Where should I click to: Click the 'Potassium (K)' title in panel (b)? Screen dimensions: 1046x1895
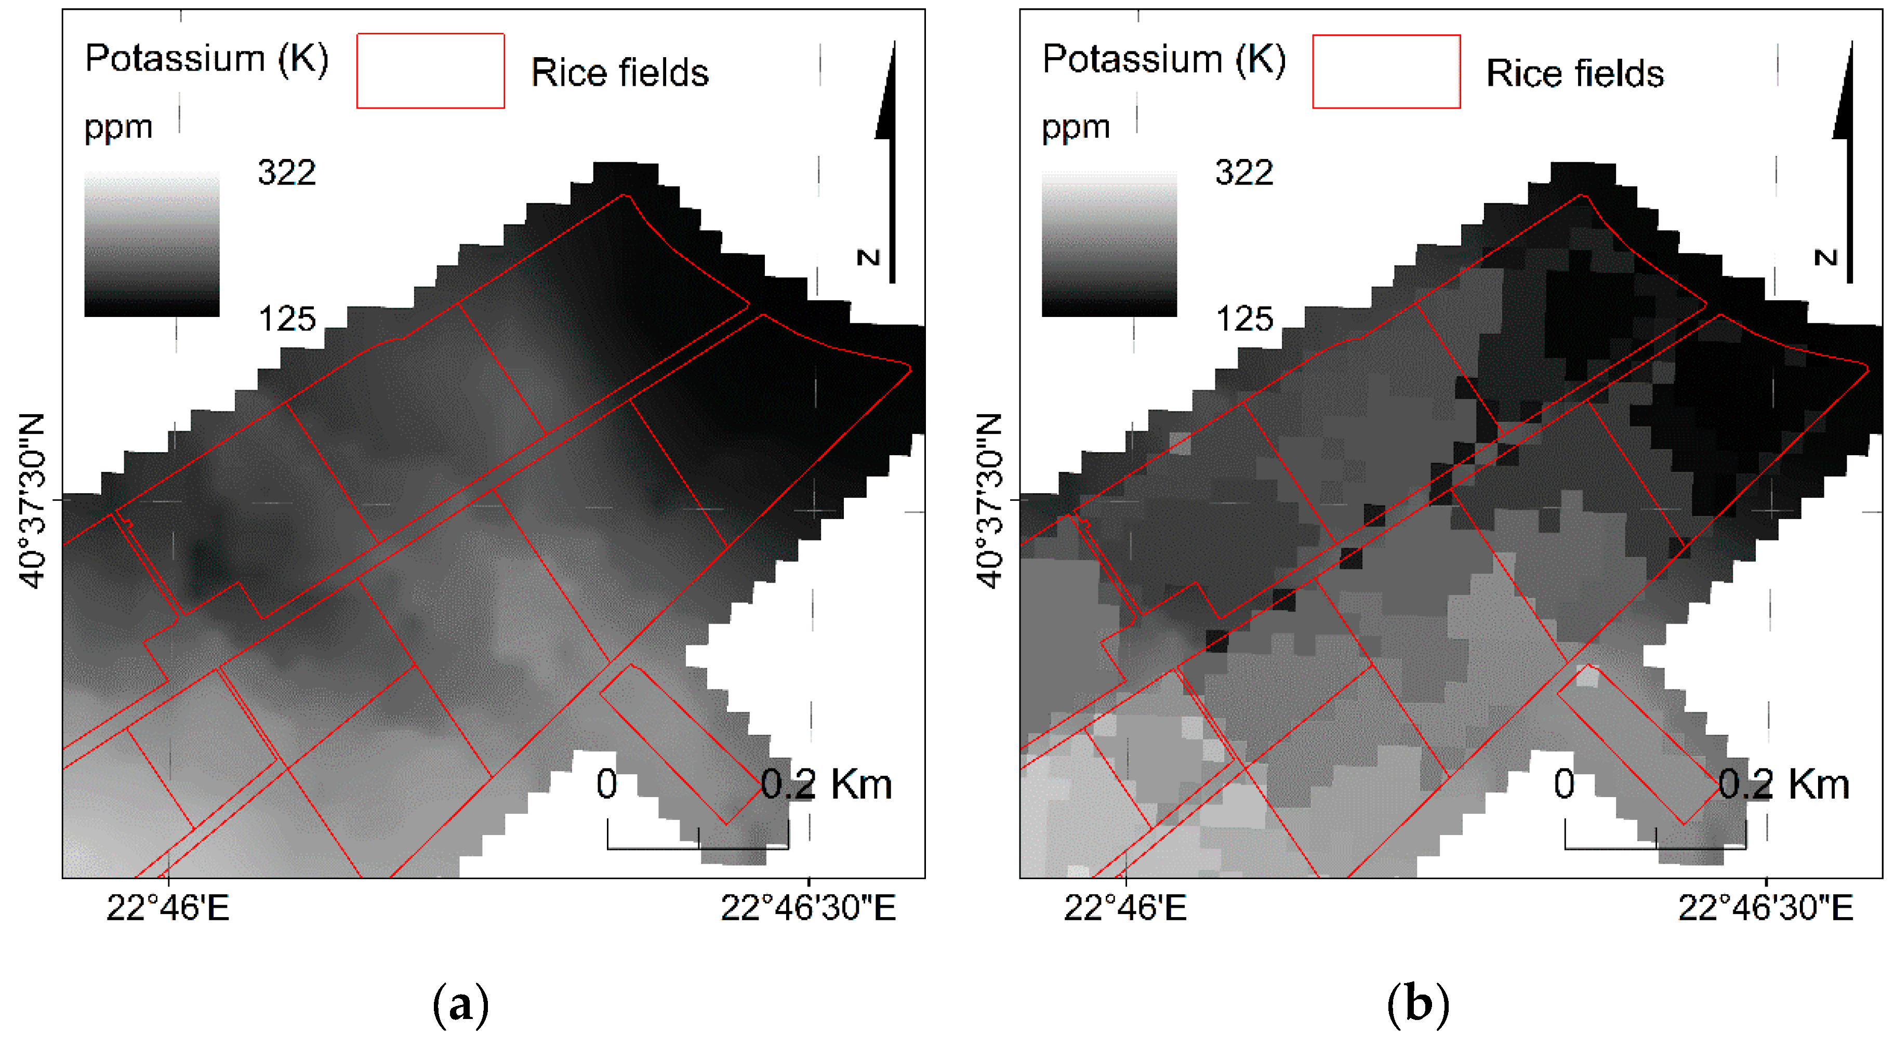pos(1164,58)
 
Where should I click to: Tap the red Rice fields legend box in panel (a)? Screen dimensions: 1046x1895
pos(430,71)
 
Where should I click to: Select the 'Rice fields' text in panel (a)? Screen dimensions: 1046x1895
pos(619,73)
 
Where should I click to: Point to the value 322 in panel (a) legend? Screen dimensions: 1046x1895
pos(287,173)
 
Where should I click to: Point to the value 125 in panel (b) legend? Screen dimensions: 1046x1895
pos(1244,319)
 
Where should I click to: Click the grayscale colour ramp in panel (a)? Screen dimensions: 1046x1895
pos(152,244)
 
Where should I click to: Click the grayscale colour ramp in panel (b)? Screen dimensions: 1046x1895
pos(1109,244)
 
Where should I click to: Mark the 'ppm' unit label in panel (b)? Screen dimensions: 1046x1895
pos(1076,128)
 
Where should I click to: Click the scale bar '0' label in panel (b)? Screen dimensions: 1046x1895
pos(1564,785)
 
